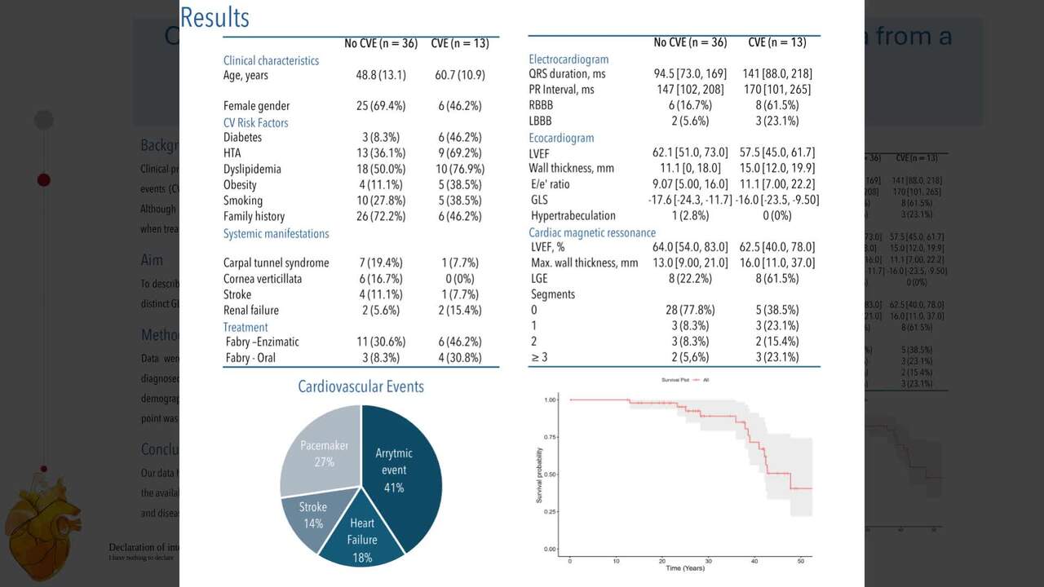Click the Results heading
click(x=215, y=18)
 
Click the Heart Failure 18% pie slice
click(x=361, y=539)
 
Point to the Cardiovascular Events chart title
click(x=361, y=386)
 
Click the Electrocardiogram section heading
click(x=568, y=60)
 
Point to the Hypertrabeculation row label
click(x=573, y=216)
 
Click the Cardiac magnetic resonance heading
click(x=592, y=233)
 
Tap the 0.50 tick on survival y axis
click(x=551, y=474)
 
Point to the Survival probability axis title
click(x=540, y=474)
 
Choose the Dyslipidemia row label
click(x=252, y=170)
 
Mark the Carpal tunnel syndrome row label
click(x=276, y=263)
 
